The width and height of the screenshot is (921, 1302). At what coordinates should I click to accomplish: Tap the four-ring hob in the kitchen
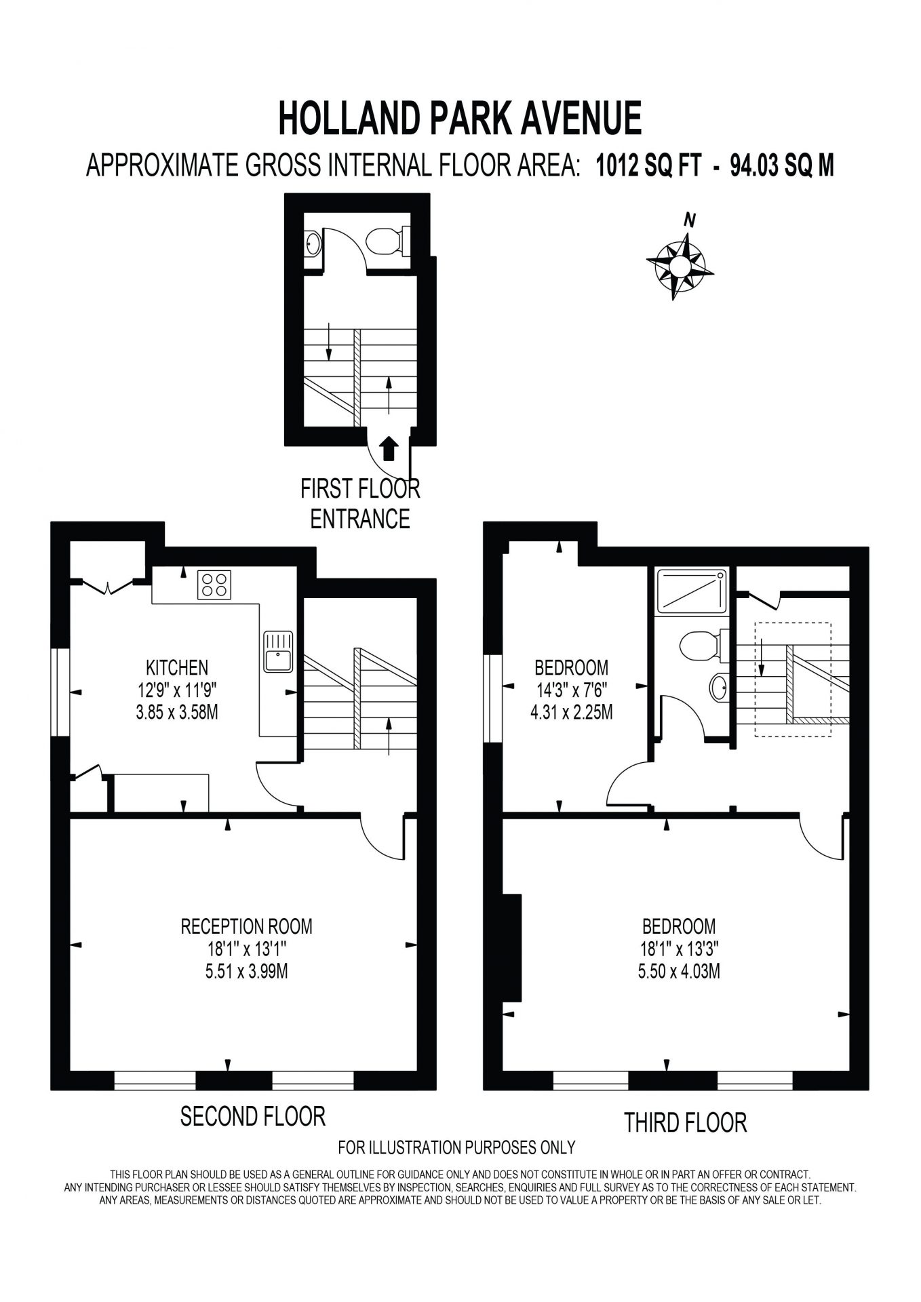[x=214, y=585]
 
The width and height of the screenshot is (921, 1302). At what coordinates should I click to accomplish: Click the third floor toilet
[x=703, y=645]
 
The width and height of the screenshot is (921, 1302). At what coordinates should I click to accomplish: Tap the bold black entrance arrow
[x=388, y=449]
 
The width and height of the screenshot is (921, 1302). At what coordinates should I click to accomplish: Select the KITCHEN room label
[x=177, y=667]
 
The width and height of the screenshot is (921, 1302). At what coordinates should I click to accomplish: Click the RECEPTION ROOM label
[x=246, y=926]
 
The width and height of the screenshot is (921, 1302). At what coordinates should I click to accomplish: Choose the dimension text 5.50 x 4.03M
[x=679, y=971]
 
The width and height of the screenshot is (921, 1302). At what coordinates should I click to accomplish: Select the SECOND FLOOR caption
[x=253, y=1116]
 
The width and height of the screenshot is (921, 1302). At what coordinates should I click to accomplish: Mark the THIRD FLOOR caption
[x=685, y=1122]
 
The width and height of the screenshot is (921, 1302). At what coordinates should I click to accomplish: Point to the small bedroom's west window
[x=492, y=698]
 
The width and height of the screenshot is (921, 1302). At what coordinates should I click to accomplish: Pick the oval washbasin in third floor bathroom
[x=719, y=688]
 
